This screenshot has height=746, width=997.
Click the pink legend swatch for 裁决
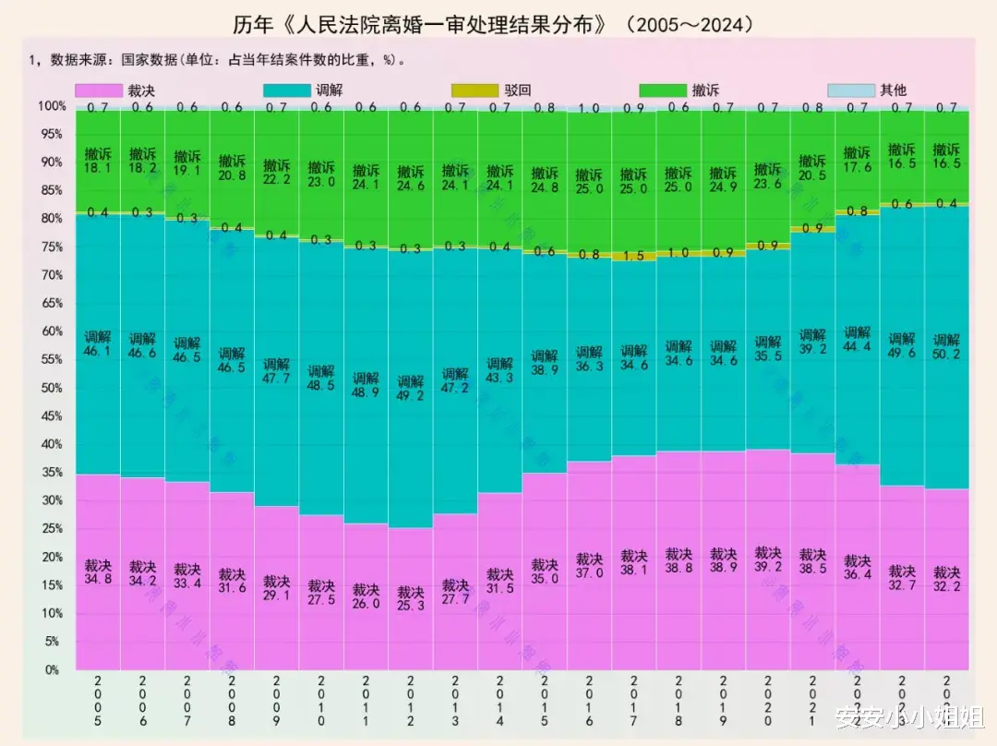click(x=99, y=90)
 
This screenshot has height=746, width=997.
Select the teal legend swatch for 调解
click(x=286, y=90)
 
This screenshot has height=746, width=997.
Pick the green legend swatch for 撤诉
click(x=662, y=90)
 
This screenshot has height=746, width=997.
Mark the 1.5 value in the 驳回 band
click(x=634, y=257)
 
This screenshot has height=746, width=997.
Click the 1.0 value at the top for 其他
click(x=589, y=108)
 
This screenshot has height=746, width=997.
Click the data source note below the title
click(x=218, y=61)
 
